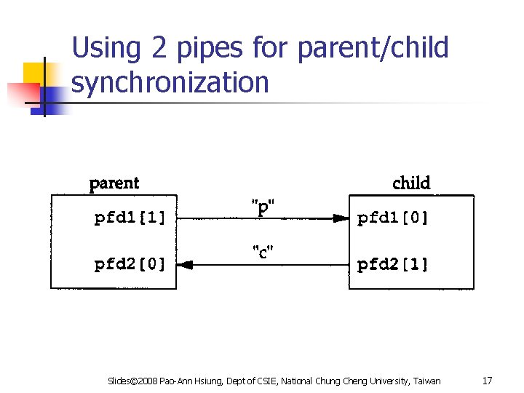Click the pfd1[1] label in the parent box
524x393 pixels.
[130, 218]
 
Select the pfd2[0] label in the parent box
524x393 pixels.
[130, 265]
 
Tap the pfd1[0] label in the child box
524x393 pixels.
[393, 218]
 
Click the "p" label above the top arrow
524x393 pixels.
[263, 207]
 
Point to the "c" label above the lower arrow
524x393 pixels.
[263, 253]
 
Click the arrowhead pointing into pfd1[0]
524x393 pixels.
[340, 218]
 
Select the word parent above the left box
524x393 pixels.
[114, 183]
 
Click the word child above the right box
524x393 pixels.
[411, 183]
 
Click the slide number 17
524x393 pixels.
[488, 381]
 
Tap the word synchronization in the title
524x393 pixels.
[170, 83]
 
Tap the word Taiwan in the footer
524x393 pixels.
[426, 381]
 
